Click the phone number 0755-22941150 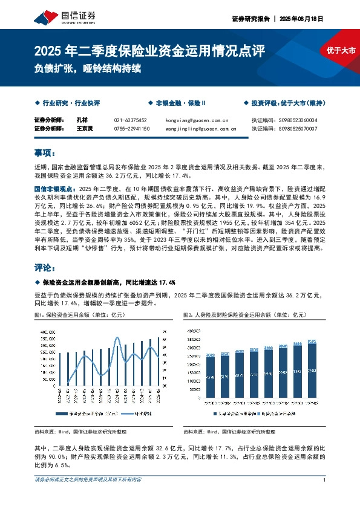click(x=131, y=128)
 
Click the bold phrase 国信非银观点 click(x=51, y=188)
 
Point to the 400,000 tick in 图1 click(x=47, y=332)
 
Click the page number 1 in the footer click(x=325, y=479)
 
